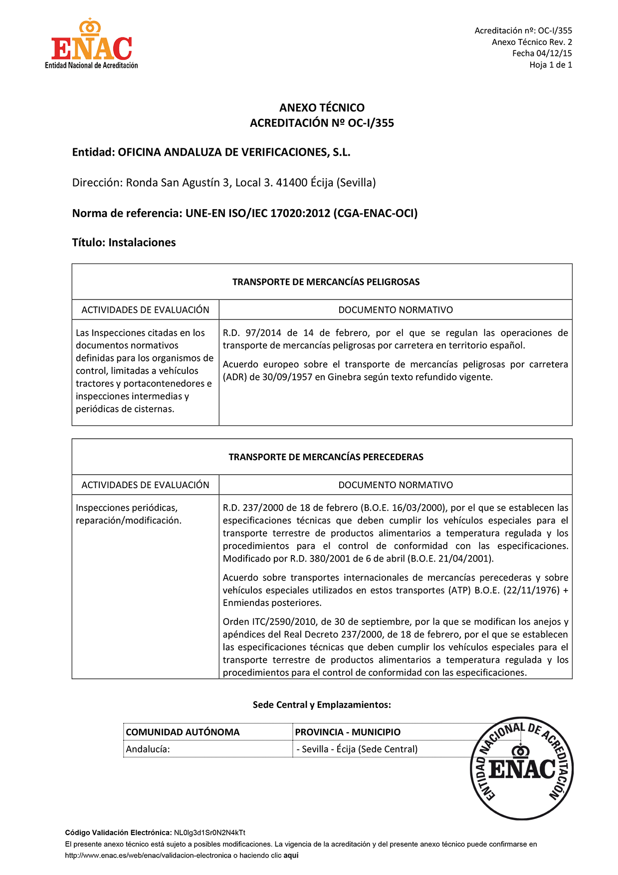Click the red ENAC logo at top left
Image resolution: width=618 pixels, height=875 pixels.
(x=91, y=45)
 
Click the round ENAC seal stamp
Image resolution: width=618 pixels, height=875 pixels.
(x=522, y=768)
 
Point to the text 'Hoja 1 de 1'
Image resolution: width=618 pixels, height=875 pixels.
(x=551, y=65)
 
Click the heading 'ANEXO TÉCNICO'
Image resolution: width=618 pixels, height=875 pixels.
(x=322, y=108)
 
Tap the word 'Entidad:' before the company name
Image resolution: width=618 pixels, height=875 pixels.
(x=94, y=153)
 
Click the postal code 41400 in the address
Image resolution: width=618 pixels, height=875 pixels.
(x=291, y=183)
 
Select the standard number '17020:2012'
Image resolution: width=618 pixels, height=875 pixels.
(x=300, y=214)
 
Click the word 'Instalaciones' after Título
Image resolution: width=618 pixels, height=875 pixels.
(x=142, y=243)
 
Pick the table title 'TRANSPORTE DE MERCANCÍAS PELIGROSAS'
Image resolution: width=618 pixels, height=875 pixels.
(x=326, y=282)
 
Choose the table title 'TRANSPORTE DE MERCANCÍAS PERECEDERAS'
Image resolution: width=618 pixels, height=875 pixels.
(x=326, y=457)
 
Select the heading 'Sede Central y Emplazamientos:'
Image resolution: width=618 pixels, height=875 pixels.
(x=322, y=705)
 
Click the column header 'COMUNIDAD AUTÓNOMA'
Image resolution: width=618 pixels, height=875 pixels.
(x=183, y=732)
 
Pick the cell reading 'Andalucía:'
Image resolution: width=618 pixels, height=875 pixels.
(x=148, y=749)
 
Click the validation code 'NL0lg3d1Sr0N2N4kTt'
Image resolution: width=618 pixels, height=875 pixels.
(x=209, y=833)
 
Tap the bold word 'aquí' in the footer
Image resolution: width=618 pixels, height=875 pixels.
(x=291, y=855)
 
